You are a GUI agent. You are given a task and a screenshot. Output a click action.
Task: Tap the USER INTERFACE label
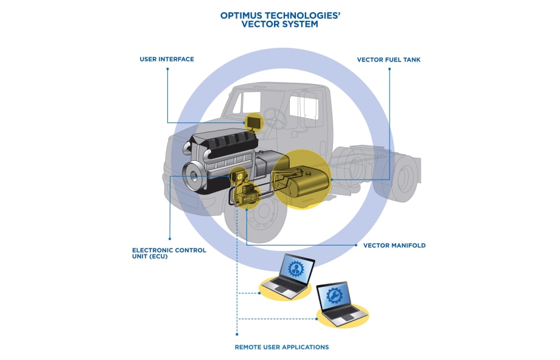tap(167, 59)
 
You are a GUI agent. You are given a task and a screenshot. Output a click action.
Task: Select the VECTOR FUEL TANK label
tap(388, 60)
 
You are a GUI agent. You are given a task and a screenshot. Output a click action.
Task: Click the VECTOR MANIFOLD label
tap(394, 245)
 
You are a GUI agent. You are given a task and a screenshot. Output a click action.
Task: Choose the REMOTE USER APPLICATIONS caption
tap(281, 347)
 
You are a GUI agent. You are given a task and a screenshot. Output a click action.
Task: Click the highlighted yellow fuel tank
tap(301, 178)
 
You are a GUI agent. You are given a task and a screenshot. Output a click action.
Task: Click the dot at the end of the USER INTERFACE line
tap(167, 69)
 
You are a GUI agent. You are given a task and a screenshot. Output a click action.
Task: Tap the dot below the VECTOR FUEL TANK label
tap(390, 69)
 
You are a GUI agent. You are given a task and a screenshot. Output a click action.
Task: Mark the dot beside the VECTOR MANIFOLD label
tap(356, 245)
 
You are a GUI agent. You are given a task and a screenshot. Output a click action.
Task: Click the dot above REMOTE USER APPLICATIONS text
tap(236, 334)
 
